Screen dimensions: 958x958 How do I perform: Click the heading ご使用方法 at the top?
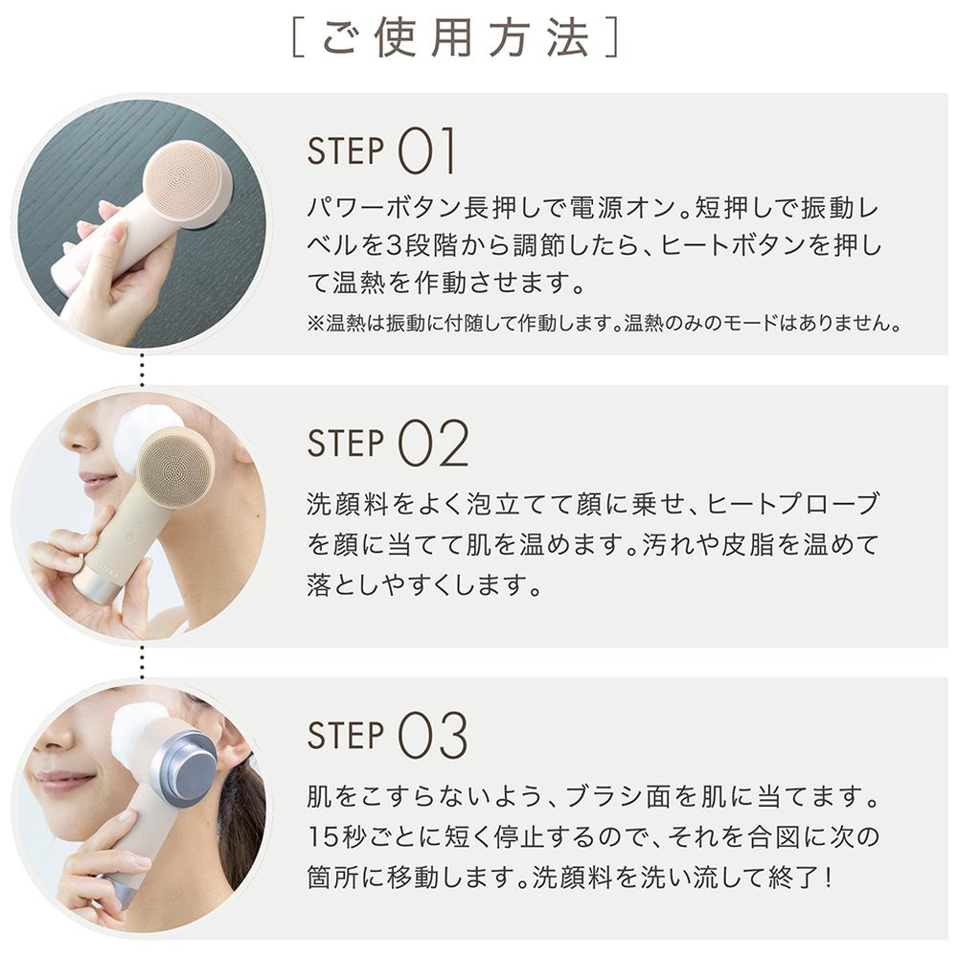(x=455, y=38)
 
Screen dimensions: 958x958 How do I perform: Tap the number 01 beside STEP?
(x=426, y=150)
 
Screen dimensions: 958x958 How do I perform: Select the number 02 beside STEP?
(x=433, y=444)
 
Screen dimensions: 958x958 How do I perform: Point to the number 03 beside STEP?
(x=433, y=735)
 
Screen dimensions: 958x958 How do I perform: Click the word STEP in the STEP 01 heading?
(x=346, y=151)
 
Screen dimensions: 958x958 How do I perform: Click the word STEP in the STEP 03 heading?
(x=346, y=736)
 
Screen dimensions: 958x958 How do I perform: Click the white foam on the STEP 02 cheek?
(x=147, y=427)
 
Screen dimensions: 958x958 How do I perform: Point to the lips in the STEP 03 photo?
(x=60, y=780)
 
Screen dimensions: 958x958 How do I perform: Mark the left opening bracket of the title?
(x=299, y=39)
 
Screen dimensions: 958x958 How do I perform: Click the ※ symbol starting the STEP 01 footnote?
(x=314, y=323)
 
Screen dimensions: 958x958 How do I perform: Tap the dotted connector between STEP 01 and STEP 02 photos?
(x=142, y=370)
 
